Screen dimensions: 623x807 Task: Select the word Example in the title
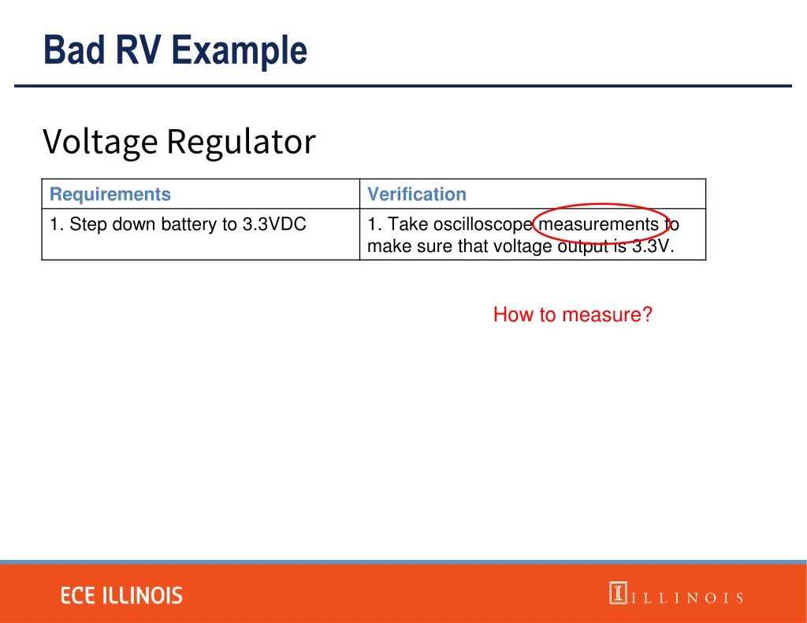[x=239, y=50]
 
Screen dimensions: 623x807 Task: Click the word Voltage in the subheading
[x=100, y=143]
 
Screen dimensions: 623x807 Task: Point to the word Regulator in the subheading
[x=240, y=143]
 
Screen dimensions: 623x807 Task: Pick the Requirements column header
[x=110, y=195]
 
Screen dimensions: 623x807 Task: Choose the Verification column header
[x=417, y=195]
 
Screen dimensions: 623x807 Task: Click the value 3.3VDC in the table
[x=274, y=224]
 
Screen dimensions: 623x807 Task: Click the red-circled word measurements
[x=598, y=224]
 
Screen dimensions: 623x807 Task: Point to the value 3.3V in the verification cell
[x=653, y=247]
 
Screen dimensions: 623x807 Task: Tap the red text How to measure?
[x=573, y=315]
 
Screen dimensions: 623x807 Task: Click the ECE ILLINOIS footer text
[x=121, y=595]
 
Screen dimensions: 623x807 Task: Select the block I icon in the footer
[x=617, y=593]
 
